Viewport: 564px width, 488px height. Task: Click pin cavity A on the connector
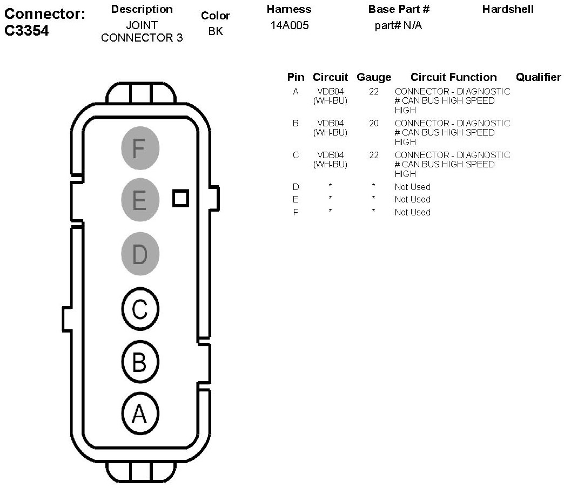(139, 414)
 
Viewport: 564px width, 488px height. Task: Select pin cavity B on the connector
(139, 362)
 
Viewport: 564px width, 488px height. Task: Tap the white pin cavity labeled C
(139, 309)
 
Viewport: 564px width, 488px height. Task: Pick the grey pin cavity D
(139, 254)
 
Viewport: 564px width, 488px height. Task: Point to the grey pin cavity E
(139, 200)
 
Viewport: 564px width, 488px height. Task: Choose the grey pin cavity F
(139, 147)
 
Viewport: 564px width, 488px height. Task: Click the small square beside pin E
(181, 198)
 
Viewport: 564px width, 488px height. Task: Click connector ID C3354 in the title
(27, 31)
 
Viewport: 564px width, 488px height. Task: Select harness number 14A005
(290, 25)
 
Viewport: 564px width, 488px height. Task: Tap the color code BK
(216, 31)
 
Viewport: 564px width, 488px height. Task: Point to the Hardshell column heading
(508, 9)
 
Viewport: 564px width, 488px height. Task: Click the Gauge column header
(374, 77)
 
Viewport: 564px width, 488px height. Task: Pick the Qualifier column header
(538, 77)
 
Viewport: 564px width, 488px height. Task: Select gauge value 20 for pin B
(374, 123)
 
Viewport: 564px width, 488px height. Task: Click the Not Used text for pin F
(412, 212)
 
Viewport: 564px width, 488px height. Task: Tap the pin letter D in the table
(296, 187)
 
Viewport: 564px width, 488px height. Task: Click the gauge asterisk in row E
(373, 199)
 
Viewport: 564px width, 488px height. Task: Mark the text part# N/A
(398, 25)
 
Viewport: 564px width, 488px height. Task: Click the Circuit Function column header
(453, 77)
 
